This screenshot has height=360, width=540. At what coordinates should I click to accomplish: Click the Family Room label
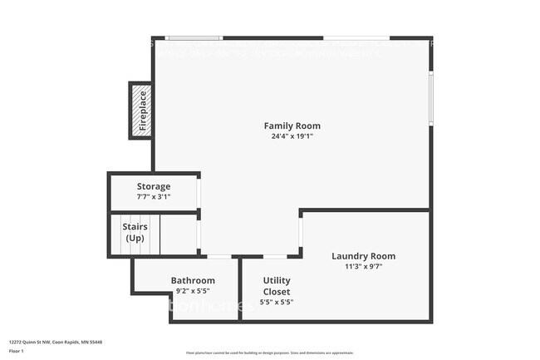292,126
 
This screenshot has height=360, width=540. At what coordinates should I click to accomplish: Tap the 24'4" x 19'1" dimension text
292,136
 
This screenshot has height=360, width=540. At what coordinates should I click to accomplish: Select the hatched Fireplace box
140,111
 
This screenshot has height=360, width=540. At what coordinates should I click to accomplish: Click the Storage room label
154,186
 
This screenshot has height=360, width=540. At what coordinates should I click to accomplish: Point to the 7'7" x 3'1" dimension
154,197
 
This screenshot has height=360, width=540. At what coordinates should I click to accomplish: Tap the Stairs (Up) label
135,232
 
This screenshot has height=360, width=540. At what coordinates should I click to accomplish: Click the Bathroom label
193,280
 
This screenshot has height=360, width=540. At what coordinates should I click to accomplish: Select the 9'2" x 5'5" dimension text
193,291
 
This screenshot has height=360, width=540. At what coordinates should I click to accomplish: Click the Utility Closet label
277,286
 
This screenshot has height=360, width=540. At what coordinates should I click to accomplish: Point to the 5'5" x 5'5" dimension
277,302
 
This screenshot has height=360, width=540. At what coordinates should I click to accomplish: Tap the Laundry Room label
363,256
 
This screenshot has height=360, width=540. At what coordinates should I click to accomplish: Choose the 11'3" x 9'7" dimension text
363,267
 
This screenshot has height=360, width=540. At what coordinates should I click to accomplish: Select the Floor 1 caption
17,351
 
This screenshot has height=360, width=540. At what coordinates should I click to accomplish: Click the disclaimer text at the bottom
269,353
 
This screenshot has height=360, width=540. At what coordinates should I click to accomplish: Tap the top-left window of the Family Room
194,37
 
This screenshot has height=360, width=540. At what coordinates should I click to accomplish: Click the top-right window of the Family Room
356,37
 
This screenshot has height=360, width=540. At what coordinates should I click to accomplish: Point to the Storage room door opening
199,193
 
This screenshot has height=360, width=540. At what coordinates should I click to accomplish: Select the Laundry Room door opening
300,235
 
